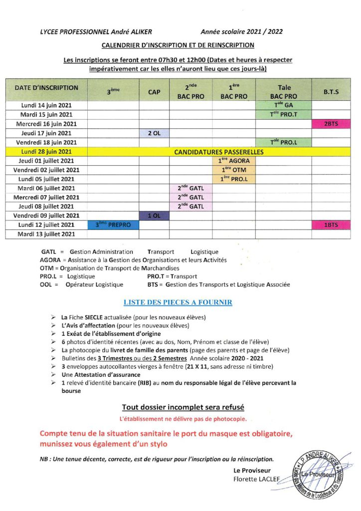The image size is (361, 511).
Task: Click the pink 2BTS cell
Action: click(x=331, y=124)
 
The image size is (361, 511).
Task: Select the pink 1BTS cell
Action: click(x=331, y=225)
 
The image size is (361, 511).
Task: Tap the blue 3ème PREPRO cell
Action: click(x=113, y=225)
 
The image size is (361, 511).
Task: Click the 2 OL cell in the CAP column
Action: click(x=154, y=133)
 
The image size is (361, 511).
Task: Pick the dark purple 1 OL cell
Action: click(x=154, y=216)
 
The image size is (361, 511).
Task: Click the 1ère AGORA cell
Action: click(x=234, y=161)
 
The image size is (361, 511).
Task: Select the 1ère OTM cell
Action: click(x=234, y=170)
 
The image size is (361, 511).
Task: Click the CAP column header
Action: click(x=154, y=92)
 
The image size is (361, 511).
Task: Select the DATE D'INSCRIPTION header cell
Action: click(x=46, y=88)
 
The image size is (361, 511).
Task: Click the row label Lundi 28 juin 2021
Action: click(x=46, y=151)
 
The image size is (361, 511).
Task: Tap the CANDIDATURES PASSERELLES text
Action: click(x=212, y=151)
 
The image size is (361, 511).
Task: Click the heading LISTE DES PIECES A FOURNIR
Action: click(x=178, y=302)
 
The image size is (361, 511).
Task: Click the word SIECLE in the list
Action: click(x=94, y=317)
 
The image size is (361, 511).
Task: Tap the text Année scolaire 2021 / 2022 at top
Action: click(x=242, y=31)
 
